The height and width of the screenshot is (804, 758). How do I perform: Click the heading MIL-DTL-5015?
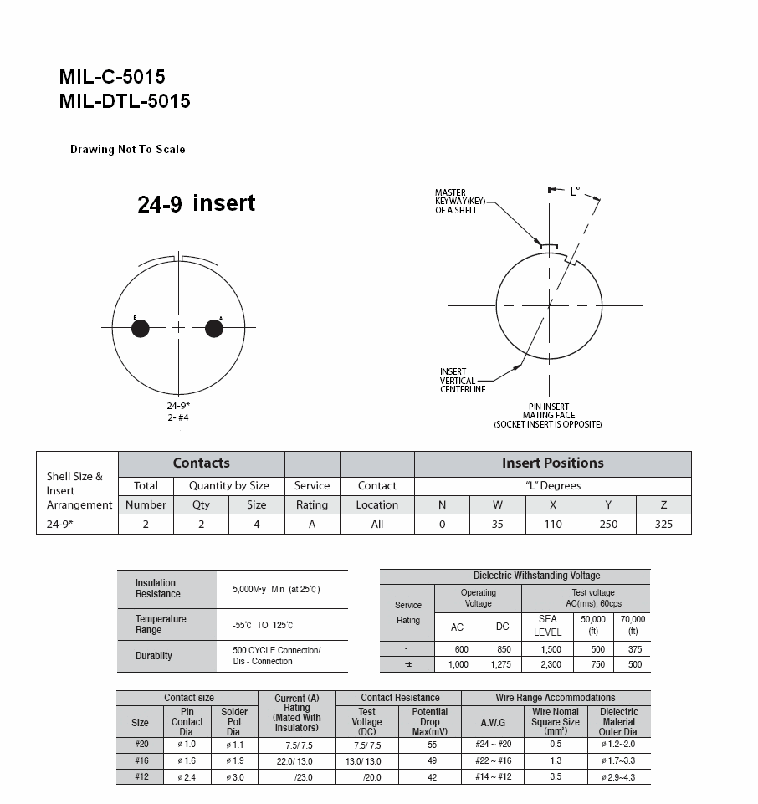pos(125,101)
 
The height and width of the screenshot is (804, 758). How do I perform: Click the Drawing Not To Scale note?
pos(127,150)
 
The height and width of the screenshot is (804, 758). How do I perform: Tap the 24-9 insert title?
pos(197,203)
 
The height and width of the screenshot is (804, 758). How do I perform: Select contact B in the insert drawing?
pos(141,329)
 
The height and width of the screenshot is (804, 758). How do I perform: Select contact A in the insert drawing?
pos(214,329)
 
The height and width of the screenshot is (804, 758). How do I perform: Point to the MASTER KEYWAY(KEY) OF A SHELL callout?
pos(457,202)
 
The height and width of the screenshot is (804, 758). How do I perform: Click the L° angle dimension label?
pos(575,192)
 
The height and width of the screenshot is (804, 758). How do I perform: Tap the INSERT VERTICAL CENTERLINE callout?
pos(463,381)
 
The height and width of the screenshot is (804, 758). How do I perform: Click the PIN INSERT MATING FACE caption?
pos(548,415)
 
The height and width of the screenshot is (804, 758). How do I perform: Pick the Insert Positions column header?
pos(552,463)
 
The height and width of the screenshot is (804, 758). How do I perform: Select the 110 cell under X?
pos(553,525)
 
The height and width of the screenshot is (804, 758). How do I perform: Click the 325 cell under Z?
pos(663,525)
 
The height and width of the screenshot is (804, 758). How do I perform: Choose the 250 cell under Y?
pos(608,525)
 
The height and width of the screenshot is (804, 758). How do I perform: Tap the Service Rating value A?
pos(312,525)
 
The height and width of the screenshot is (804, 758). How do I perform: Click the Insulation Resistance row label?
pos(158,588)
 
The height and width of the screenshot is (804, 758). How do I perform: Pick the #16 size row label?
pos(140,760)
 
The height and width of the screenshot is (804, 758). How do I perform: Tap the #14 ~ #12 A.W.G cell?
pos(493,776)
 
